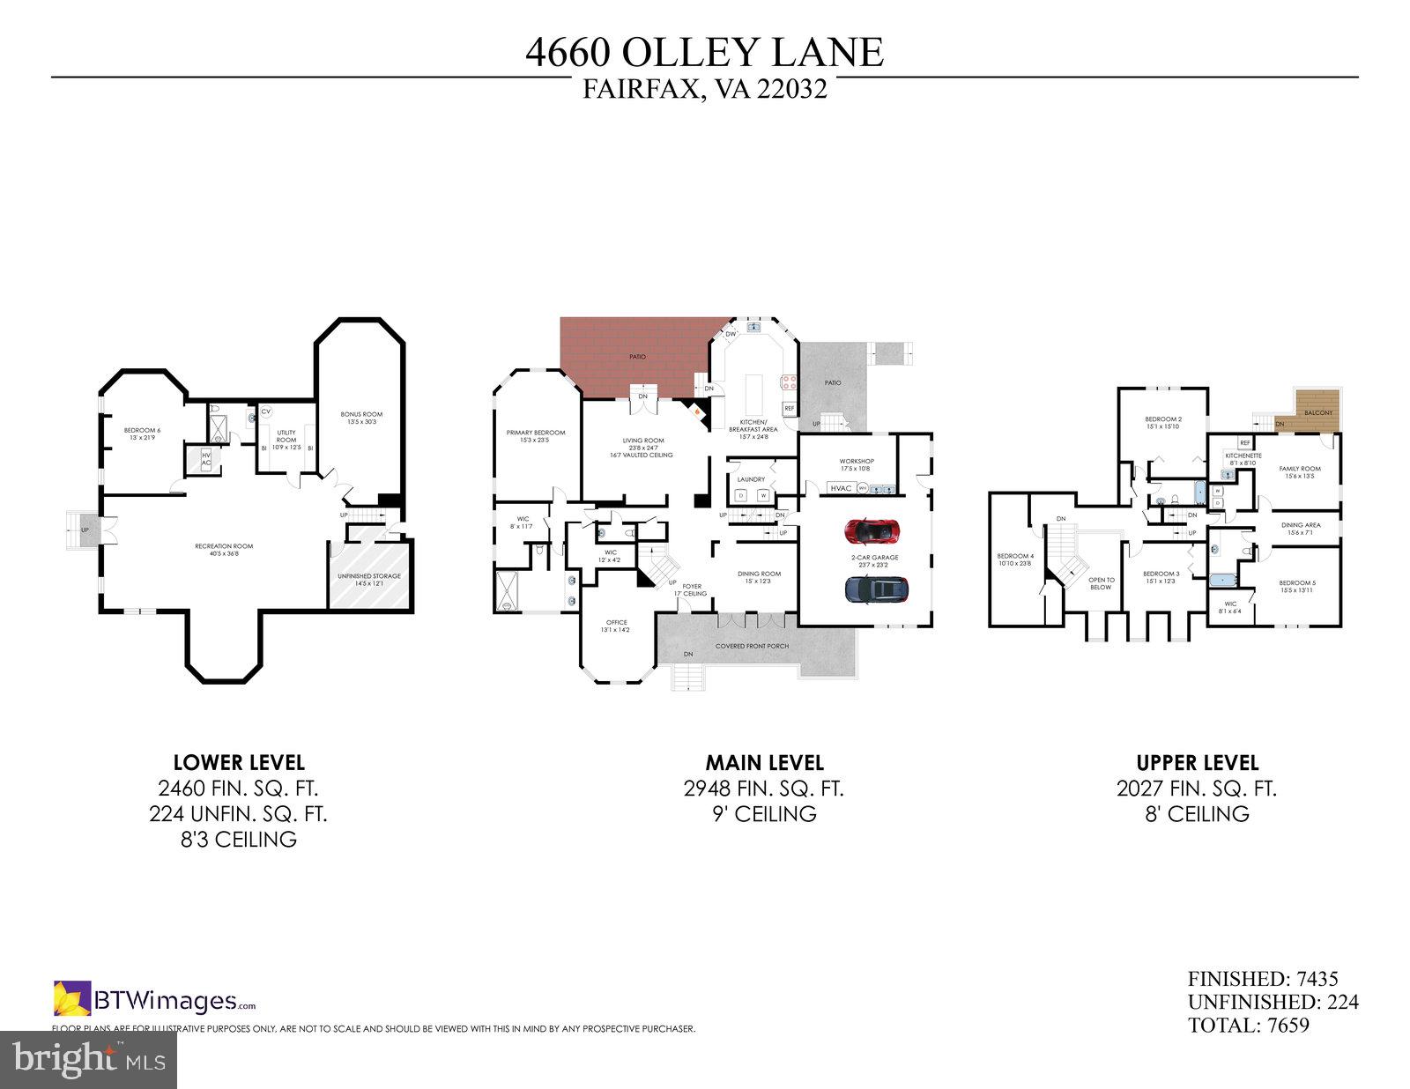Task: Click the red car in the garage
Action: [873, 531]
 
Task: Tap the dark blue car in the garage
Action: [875, 589]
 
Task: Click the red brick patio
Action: [636, 357]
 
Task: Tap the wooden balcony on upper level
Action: [1318, 412]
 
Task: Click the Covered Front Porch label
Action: [752, 646]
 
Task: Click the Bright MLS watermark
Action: [88, 1059]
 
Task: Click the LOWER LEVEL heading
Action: [239, 762]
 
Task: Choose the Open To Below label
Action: [1102, 583]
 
